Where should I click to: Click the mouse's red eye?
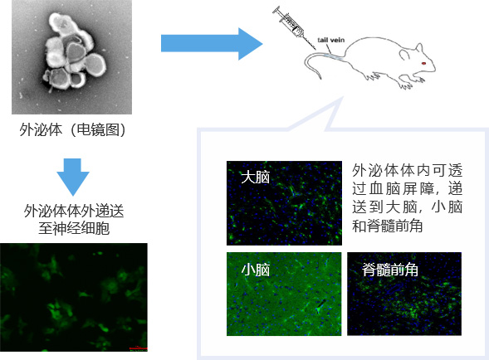click(423, 63)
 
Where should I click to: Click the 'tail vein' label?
click(331, 40)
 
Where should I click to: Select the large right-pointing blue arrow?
click(212, 44)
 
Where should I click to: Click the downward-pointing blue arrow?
click(73, 177)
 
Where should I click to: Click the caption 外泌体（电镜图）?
click(73, 129)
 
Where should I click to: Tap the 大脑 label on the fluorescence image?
click(255, 178)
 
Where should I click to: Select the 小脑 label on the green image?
click(255, 270)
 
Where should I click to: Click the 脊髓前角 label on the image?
click(390, 270)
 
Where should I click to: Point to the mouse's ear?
click(419, 48)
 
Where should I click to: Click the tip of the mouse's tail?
click(320, 78)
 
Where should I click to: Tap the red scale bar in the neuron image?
click(138, 348)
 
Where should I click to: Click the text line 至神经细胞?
click(74, 228)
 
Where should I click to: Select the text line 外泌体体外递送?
click(74, 211)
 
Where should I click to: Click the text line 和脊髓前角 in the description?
click(387, 226)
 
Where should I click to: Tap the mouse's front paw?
click(418, 80)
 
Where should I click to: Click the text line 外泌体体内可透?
click(407, 171)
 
